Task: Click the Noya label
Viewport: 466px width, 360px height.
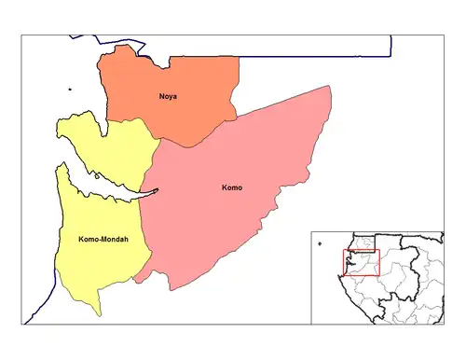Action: (x=168, y=96)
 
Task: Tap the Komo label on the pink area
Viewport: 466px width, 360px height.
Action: (x=232, y=188)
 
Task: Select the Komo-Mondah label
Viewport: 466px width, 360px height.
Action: (x=98, y=240)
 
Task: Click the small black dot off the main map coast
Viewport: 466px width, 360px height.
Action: (x=69, y=90)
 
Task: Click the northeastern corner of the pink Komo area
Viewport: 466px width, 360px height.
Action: (x=328, y=88)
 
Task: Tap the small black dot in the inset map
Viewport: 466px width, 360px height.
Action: (x=320, y=245)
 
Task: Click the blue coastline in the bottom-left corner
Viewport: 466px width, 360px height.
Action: (x=37, y=308)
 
